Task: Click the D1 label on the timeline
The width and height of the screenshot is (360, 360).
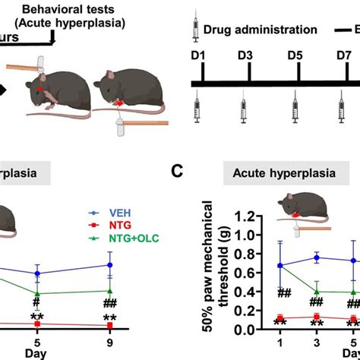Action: tap(199, 57)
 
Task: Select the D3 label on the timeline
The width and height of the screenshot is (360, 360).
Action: tap(245, 57)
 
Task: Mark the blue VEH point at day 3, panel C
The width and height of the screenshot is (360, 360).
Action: tap(313, 257)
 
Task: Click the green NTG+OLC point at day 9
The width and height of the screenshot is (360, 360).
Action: tap(110, 290)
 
